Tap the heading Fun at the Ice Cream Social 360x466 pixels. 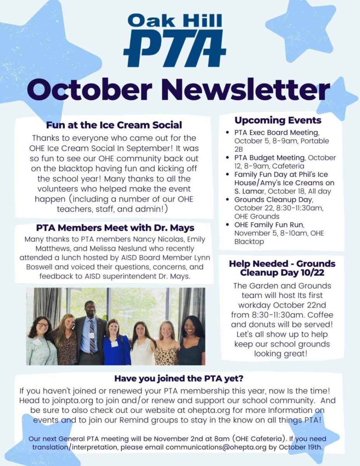tap(114, 125)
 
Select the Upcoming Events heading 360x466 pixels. tap(278, 120)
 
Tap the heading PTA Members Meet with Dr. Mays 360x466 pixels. tap(115, 228)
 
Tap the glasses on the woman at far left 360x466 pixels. tap(43, 325)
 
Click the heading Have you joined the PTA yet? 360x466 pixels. tap(179, 378)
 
